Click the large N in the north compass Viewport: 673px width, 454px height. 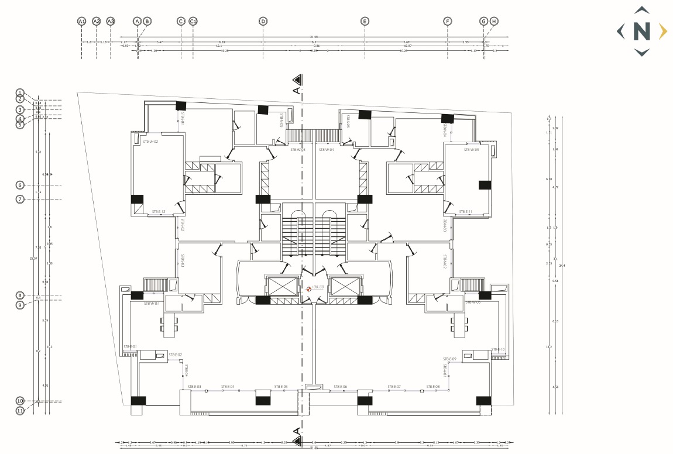pos(642,31)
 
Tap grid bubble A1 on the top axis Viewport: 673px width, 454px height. pos(82,21)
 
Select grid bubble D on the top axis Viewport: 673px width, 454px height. pos(263,21)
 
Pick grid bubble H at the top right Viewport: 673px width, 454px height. pos(494,21)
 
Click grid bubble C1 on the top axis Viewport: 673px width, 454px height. pos(193,21)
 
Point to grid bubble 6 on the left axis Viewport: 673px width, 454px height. pos(20,185)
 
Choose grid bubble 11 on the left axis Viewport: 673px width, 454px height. pos(20,411)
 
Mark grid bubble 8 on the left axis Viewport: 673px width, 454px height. pos(20,295)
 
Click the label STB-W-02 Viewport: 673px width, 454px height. pos(151,141)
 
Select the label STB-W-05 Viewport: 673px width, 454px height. pos(472,150)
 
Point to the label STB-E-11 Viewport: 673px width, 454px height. pos(466,211)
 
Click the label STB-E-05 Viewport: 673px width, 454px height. pos(281,387)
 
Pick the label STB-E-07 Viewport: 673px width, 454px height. pos(394,387)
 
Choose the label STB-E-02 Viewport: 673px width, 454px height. pos(175,355)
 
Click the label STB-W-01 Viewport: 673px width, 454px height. pos(151,304)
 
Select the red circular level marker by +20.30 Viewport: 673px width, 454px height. pos(309,288)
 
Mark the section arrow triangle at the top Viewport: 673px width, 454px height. pos(297,79)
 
